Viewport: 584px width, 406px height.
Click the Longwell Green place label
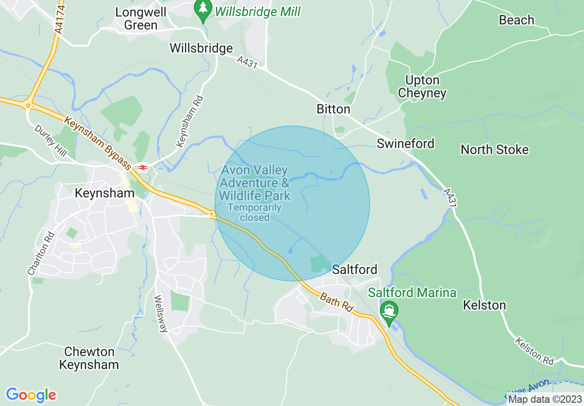(140, 18)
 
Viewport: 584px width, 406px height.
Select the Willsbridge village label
(201, 48)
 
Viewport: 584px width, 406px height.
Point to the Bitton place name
(333, 109)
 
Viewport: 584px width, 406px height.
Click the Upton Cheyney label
(422, 87)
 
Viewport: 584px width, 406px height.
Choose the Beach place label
(517, 20)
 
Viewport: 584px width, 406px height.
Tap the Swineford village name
(405, 143)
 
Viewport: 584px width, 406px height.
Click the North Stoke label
(495, 149)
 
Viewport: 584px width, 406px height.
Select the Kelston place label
(484, 305)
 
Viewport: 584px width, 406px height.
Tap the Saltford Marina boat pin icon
(390, 311)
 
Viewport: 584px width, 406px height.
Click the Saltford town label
(355, 269)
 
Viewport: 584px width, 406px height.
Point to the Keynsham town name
(105, 193)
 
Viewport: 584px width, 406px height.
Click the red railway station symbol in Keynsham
(142, 167)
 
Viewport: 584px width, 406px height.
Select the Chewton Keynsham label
(89, 358)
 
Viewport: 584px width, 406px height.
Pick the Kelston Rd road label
(534, 351)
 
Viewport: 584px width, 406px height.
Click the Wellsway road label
(161, 314)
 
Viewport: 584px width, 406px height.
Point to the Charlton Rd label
(41, 253)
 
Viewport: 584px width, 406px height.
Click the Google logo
(31, 395)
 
